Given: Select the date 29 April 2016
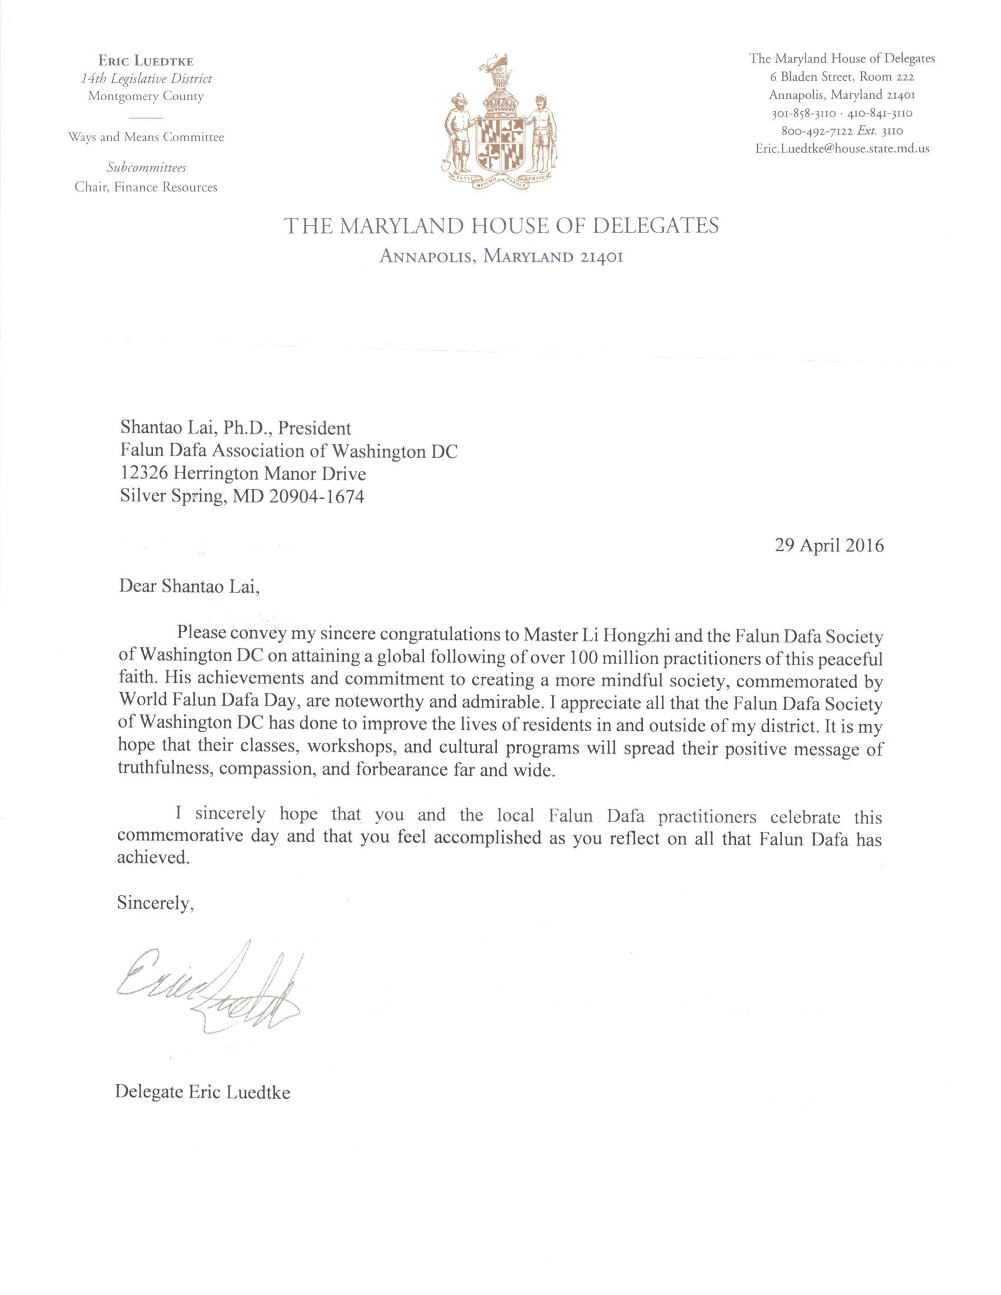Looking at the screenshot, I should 829,545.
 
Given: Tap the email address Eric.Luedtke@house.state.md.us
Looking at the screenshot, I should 842,149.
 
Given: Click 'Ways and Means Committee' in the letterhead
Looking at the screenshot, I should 146,137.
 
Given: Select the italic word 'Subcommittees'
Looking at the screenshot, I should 146,168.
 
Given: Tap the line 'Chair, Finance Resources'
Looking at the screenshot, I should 146,187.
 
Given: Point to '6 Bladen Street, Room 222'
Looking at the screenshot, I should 842,77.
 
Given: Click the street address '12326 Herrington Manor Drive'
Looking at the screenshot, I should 243,473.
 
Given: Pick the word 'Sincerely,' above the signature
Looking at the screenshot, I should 155,902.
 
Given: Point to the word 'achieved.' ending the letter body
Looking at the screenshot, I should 154,858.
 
